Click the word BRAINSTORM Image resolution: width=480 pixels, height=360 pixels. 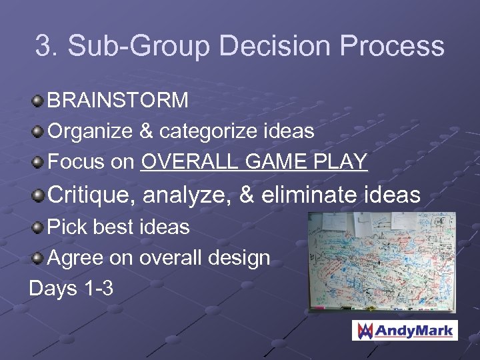coord(118,101)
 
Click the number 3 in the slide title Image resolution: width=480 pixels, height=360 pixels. coord(43,46)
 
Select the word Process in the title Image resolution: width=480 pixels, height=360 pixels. coord(393,46)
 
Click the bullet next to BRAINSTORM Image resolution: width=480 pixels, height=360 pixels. coord(38,101)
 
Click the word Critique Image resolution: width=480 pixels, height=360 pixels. coord(90,195)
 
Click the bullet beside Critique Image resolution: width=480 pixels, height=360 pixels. coord(38,195)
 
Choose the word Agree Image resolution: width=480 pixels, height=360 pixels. coord(77,258)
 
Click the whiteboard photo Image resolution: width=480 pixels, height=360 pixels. coord(381,262)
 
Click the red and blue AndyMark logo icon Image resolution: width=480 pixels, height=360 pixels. coord(364,331)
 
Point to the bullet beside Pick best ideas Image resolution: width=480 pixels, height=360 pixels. coord(38,228)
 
